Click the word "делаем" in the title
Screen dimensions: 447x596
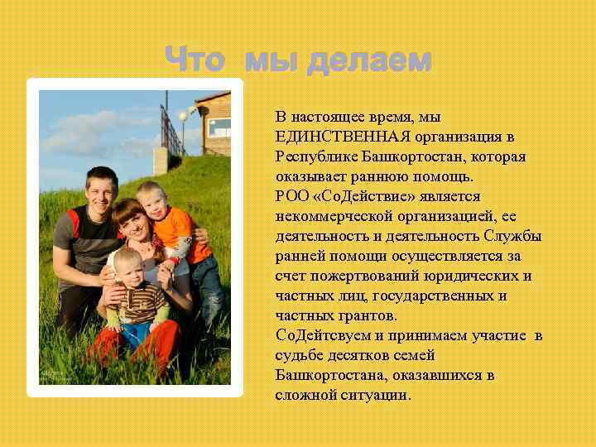click(x=368, y=60)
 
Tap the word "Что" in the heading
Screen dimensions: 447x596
click(x=196, y=60)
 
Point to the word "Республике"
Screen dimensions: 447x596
click(x=313, y=156)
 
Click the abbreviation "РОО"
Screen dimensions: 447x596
click(x=291, y=196)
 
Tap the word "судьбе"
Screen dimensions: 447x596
click(x=296, y=355)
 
